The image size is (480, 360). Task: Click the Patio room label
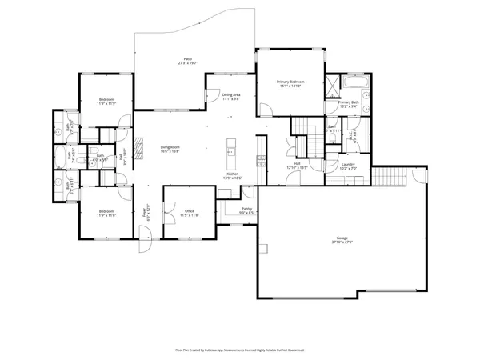(187, 60)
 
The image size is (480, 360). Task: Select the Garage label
(342, 240)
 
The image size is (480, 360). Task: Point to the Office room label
(190, 213)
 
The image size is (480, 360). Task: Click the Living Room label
(170, 149)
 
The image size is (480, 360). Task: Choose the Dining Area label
(231, 97)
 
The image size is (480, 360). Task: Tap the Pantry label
(247, 211)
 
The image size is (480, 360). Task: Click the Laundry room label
(347, 166)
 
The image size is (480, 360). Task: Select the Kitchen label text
(232, 175)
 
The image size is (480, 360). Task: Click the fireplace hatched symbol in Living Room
(137, 149)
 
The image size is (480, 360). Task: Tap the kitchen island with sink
(230, 149)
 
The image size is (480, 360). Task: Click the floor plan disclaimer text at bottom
(240, 350)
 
